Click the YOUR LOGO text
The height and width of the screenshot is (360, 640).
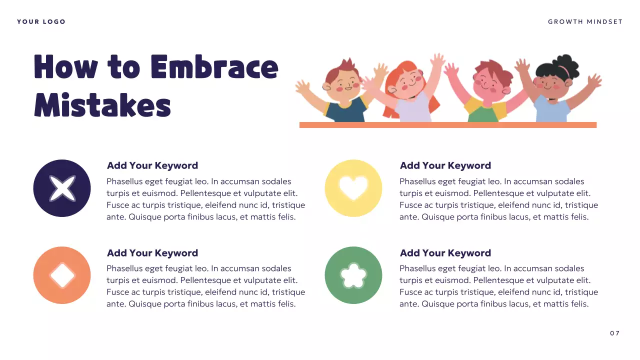click(41, 21)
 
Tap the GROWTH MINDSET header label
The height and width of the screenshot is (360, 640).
click(585, 21)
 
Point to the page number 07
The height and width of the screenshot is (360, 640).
click(614, 333)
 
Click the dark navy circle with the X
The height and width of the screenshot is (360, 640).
click(62, 188)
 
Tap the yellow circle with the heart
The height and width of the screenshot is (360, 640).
click(353, 188)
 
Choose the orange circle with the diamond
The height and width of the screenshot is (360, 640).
click(62, 275)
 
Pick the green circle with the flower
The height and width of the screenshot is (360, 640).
click(353, 275)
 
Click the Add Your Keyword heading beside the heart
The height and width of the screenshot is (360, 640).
click(445, 165)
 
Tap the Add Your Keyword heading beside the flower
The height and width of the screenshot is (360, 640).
click(445, 253)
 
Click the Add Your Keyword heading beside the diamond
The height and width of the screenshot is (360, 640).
click(152, 253)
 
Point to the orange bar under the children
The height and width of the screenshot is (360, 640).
click(447, 125)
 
